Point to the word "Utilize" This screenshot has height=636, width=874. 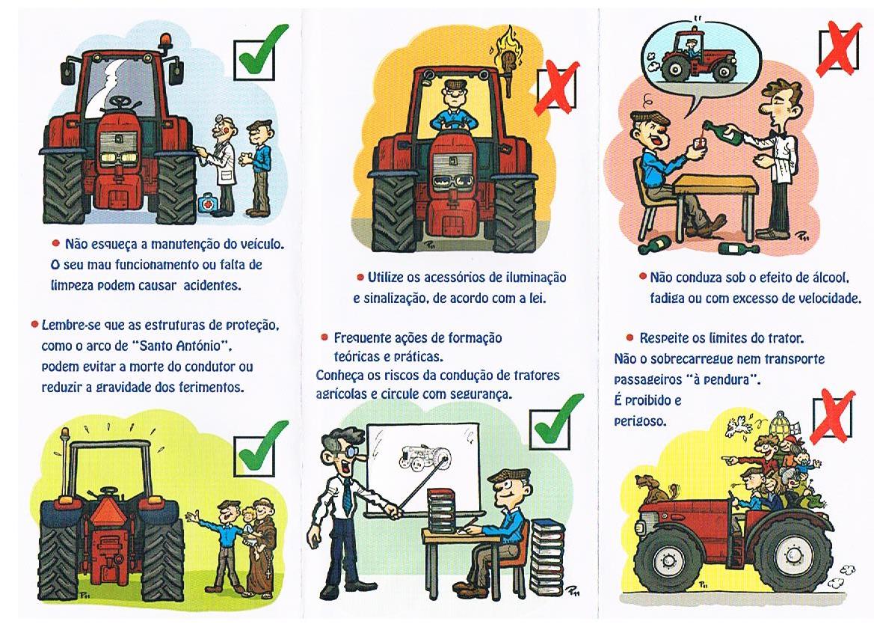386,278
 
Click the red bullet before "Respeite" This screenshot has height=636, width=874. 630,337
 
